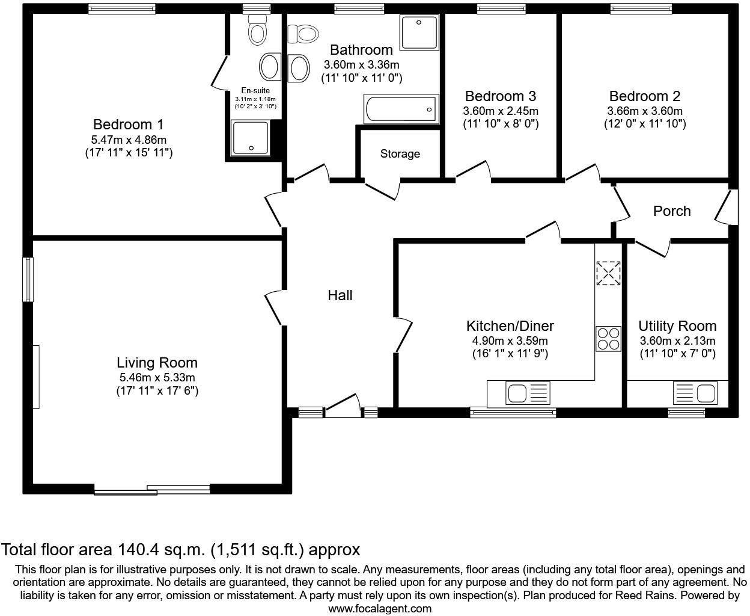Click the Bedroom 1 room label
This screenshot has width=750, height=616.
[x=128, y=125]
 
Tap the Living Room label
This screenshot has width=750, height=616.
[x=157, y=363]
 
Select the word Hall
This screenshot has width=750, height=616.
[x=340, y=295]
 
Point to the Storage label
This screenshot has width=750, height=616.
[x=400, y=154]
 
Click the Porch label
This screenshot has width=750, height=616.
[x=672, y=211]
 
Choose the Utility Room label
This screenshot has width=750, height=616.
[x=677, y=326]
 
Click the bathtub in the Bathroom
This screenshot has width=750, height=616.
[x=401, y=109]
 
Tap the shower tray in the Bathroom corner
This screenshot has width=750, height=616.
[x=419, y=32]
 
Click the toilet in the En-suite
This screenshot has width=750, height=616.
[x=258, y=29]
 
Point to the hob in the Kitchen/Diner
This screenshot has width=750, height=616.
[x=608, y=338]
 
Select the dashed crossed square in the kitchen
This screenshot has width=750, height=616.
[x=608, y=273]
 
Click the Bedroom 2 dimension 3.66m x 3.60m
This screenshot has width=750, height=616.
[x=645, y=111]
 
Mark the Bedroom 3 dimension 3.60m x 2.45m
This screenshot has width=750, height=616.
[x=501, y=111]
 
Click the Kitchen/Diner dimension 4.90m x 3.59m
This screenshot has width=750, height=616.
[x=510, y=341]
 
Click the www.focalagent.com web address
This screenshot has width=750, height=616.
[x=380, y=608]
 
